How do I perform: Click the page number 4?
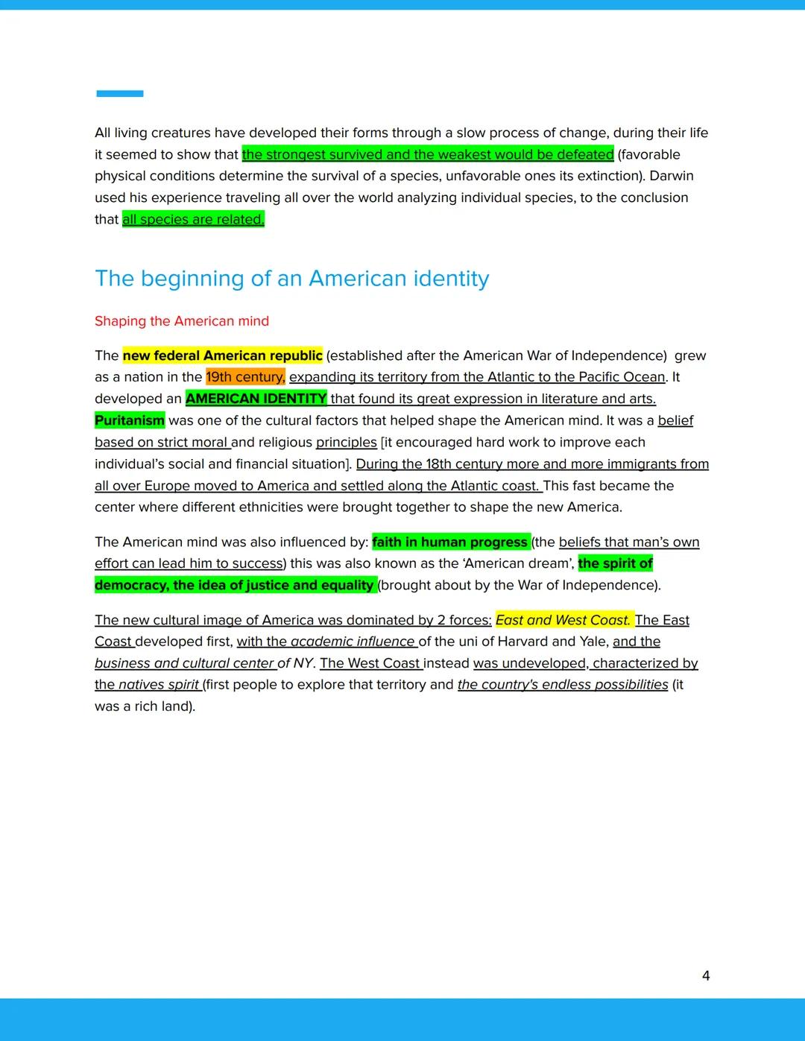706,975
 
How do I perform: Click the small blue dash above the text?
119,94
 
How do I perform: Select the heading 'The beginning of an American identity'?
291,279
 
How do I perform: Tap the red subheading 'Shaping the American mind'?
182,321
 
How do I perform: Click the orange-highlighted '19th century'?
245,377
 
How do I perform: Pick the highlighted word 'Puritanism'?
130,420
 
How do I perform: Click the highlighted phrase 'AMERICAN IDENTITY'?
256,399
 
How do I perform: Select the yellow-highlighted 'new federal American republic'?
223,355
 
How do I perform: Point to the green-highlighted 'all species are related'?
193,219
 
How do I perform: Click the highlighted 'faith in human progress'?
450,542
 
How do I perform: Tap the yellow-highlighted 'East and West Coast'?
563,620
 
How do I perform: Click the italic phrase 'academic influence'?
353,642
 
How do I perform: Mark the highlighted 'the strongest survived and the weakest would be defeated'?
428,154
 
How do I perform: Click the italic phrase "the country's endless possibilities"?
563,685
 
